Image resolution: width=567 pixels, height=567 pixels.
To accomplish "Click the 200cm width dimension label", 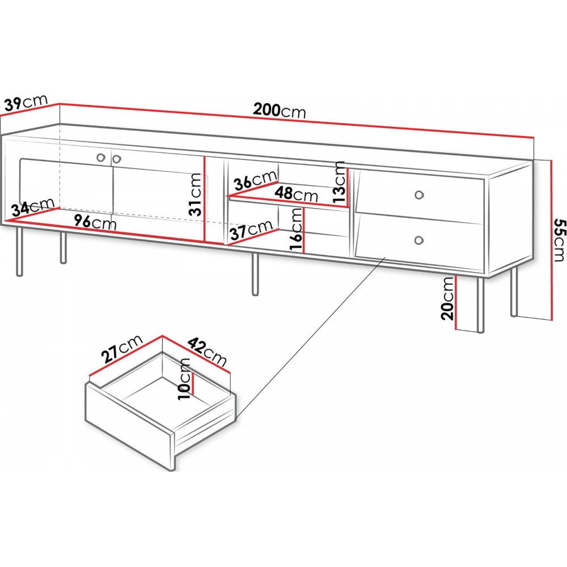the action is point(280,110).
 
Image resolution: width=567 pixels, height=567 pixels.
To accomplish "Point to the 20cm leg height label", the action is point(447,298).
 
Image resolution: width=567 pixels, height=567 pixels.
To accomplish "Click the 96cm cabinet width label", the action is point(95,222).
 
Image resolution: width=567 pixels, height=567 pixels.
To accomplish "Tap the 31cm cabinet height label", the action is point(196,194).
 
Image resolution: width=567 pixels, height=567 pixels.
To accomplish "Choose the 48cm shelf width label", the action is point(296,194).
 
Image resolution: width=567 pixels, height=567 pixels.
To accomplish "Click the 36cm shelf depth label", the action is point(255,180).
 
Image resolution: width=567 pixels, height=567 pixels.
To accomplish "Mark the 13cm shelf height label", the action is point(340,182).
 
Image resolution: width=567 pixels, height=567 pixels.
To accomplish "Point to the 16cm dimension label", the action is point(296,229).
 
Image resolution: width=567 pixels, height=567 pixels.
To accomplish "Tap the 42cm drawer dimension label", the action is point(208,352).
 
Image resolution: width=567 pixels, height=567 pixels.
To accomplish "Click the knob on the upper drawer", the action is point(419,195).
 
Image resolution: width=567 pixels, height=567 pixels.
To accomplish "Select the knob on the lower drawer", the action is point(419,240).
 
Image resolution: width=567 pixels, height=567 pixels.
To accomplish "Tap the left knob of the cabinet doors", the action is point(100,157).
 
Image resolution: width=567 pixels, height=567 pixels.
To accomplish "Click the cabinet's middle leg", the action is point(255,274).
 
